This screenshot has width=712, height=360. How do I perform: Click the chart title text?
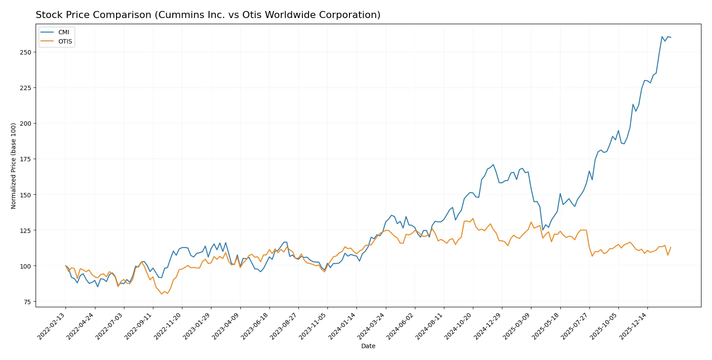[208, 15]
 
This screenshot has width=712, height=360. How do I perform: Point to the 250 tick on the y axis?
[25, 52]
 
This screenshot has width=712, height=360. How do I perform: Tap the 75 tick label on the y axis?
[27, 302]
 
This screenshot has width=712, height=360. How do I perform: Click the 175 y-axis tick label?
[25, 159]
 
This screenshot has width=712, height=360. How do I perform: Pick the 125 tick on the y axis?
[25, 230]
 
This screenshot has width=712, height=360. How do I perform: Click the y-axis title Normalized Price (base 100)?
[14, 166]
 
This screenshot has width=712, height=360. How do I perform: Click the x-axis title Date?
[368, 346]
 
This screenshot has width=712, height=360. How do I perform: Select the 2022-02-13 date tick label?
[52, 327]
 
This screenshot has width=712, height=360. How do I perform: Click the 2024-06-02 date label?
[401, 327]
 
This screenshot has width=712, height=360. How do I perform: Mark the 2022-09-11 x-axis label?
[140, 327]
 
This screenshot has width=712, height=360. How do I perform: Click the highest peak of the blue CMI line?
[662, 36]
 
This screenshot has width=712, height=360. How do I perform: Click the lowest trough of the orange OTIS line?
[162, 294]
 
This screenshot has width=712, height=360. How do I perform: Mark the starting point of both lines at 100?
[65, 265]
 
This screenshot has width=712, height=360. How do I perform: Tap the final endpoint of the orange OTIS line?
[671, 247]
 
